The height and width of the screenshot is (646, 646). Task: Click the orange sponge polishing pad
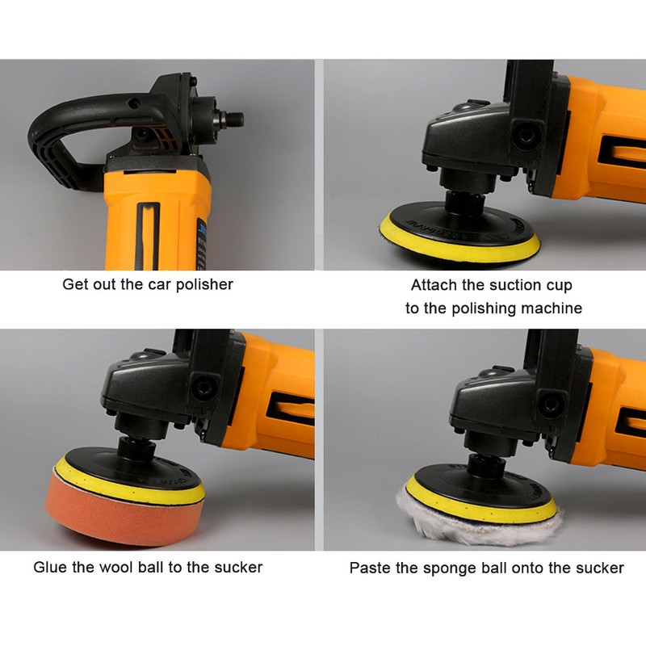click(124, 511)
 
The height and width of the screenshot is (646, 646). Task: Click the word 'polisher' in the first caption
click(204, 285)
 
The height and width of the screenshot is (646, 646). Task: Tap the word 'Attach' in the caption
click(434, 285)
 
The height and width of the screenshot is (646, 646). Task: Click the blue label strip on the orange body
click(200, 243)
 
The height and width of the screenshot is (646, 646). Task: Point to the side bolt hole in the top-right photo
click(526, 134)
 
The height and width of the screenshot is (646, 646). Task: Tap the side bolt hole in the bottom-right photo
click(552, 405)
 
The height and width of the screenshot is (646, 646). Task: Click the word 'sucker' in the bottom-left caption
click(238, 568)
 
